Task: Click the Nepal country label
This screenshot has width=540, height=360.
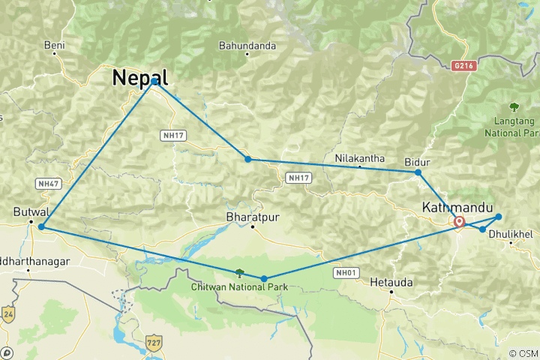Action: (x=139, y=77)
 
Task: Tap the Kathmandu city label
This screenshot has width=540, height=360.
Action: (x=457, y=206)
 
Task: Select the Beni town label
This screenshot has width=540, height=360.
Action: (x=55, y=46)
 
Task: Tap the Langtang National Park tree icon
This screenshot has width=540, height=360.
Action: (x=514, y=106)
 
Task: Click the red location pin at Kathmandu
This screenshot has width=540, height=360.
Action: (x=459, y=222)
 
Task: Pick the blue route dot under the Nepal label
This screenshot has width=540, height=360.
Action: (x=154, y=80)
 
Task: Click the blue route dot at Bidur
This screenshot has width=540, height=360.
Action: (x=418, y=172)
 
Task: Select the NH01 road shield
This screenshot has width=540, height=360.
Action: (x=345, y=274)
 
